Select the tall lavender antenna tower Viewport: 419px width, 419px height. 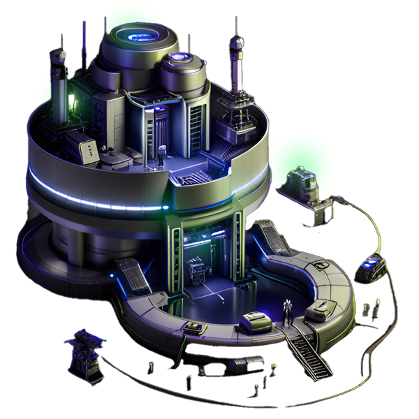tap(237, 77)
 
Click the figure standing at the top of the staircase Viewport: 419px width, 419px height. tap(286, 311)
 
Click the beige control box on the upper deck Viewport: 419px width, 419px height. tap(88, 148)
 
